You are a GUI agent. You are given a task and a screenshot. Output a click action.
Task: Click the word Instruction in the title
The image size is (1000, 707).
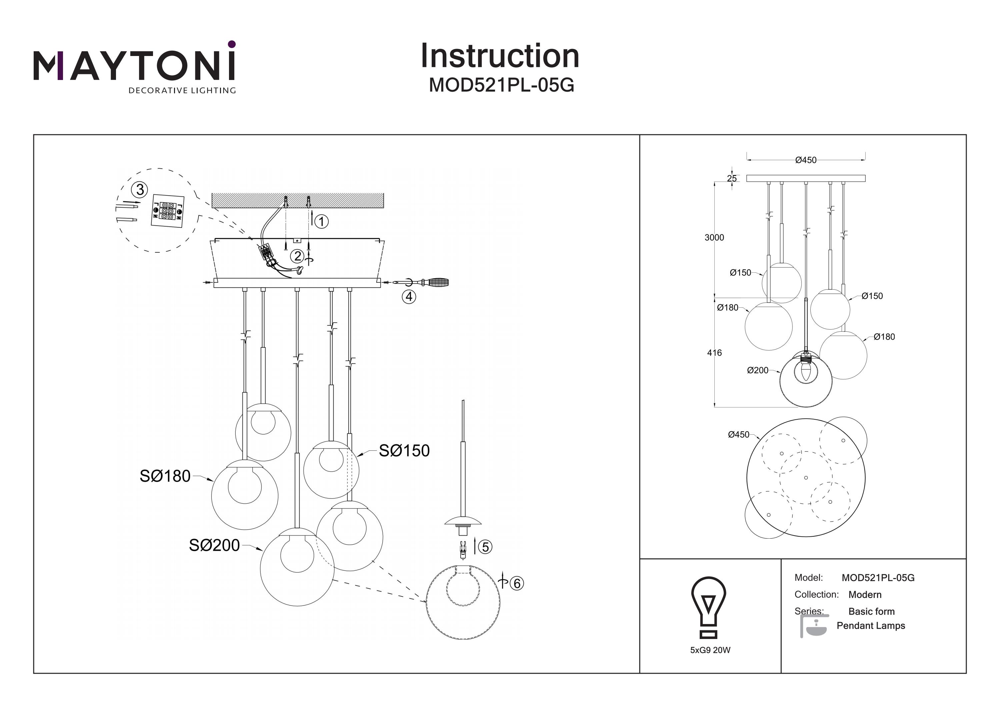click(x=500, y=56)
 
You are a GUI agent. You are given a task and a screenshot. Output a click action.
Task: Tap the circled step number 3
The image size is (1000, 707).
click(x=140, y=189)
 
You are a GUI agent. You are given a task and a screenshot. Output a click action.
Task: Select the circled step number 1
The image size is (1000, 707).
click(x=321, y=222)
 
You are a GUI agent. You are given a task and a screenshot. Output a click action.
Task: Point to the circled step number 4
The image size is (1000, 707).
click(x=409, y=297)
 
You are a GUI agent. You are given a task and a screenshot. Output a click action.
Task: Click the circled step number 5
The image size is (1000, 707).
click(x=485, y=547)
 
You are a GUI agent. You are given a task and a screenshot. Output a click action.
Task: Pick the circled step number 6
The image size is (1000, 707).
click(x=517, y=583)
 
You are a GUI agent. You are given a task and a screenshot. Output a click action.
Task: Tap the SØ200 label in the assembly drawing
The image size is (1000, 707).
click(x=214, y=545)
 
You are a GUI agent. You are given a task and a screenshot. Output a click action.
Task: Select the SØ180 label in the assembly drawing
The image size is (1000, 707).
click(x=165, y=476)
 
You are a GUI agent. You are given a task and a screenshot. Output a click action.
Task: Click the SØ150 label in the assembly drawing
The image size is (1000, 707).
click(x=404, y=450)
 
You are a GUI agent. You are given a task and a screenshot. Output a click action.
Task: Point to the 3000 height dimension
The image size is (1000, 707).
click(x=714, y=237)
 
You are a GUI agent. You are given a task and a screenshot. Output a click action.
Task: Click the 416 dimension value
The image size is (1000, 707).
click(x=714, y=353)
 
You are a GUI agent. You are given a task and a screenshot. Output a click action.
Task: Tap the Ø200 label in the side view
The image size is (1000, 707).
click(x=758, y=370)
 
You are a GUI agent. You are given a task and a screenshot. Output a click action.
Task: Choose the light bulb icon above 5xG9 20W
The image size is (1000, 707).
click(x=709, y=606)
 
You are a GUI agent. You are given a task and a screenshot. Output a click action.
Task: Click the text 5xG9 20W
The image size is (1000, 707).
click(x=710, y=650)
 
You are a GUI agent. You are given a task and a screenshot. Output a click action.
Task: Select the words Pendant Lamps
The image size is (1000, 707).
click(x=871, y=626)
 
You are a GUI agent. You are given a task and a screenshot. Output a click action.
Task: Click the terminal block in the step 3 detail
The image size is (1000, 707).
click(x=168, y=210)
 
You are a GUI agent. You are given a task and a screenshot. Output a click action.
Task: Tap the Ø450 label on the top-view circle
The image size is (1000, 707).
click(x=739, y=435)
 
